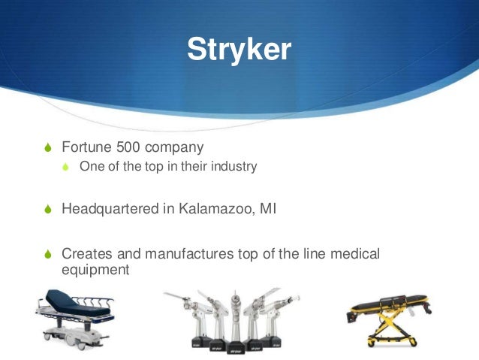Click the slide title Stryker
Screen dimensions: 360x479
(238, 50)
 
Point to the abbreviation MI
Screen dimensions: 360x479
(267, 207)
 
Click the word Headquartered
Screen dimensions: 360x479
(110, 207)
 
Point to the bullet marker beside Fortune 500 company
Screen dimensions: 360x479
(49, 146)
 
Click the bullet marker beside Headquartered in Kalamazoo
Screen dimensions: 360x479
(49, 208)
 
